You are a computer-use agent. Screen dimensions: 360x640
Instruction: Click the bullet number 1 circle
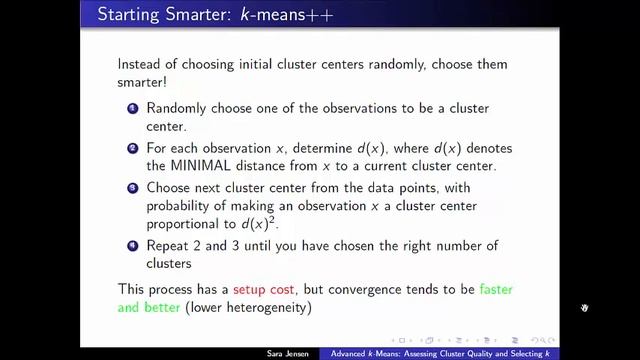click(x=132, y=107)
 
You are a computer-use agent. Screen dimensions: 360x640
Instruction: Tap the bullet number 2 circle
click(x=132, y=148)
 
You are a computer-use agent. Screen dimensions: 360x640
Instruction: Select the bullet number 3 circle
click(x=132, y=188)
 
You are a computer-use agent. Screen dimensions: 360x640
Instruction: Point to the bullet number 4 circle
click(x=132, y=245)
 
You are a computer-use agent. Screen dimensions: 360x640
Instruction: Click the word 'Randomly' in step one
click(x=177, y=107)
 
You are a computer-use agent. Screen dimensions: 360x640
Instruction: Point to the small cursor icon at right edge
click(x=585, y=308)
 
